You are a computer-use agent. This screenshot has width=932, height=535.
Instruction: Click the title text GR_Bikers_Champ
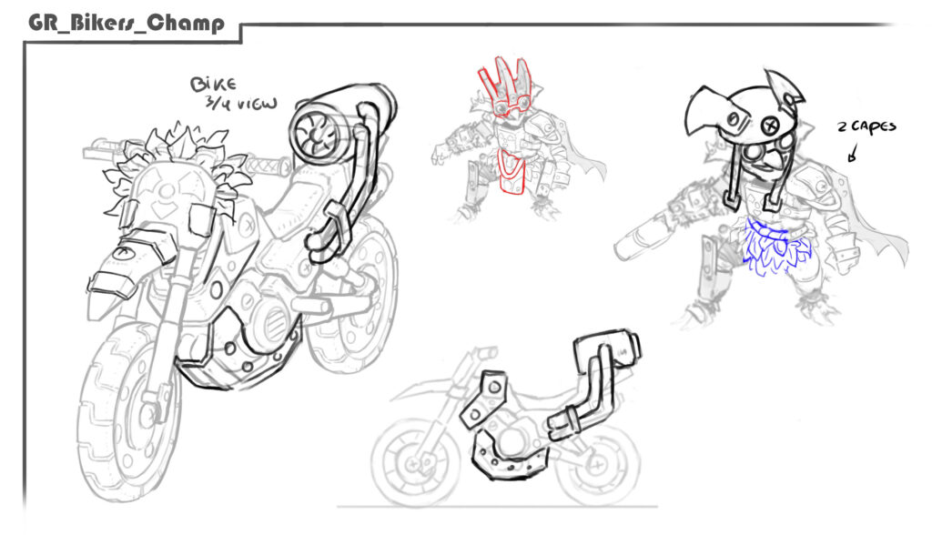click(127, 23)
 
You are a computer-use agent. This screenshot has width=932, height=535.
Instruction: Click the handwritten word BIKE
click(213, 84)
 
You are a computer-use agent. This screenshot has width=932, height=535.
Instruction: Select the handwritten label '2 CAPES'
click(866, 126)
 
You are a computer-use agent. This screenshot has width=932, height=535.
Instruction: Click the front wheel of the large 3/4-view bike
click(127, 410)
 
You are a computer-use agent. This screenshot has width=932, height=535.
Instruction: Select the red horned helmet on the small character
click(504, 87)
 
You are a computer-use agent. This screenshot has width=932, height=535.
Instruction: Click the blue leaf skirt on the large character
click(775, 245)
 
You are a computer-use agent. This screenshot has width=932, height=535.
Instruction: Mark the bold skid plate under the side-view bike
click(508, 457)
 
